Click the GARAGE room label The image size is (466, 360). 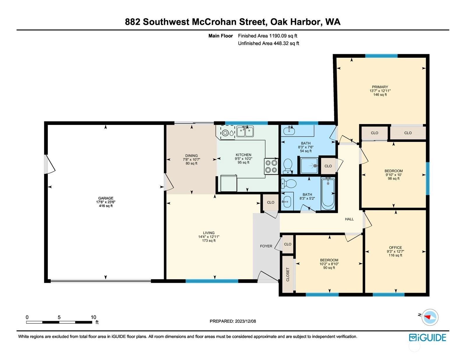coord(106,198)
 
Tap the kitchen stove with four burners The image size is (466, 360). coord(271,166)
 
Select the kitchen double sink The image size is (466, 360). coord(245,131)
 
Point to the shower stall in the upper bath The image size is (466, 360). coord(309,166)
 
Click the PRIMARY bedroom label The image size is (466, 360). coord(380,87)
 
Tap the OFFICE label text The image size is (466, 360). coord(396,248)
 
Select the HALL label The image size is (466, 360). coord(349,219)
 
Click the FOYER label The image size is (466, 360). coord(266,246)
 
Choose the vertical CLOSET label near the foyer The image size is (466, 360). coord(288,274)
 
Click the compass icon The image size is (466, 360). coord(430,317)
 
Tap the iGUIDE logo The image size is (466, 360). coord(427,338)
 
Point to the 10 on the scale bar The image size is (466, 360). coord(93,317)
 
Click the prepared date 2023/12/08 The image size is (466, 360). coord(245,321)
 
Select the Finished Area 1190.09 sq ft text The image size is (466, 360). coord(267,36)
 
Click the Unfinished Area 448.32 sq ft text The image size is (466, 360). coord(269,43)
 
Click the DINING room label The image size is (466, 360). coord(192,156)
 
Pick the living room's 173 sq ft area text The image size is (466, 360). coord(209,241)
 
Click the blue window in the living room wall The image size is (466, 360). coord(212,281)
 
